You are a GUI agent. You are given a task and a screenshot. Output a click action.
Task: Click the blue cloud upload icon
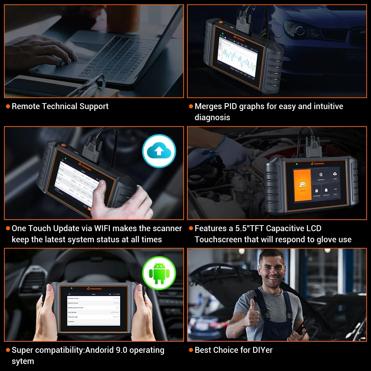coord(159,151)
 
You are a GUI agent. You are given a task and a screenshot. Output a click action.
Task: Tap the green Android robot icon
coord(159,273)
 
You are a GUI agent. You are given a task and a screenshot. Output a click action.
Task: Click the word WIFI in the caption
coord(105,229)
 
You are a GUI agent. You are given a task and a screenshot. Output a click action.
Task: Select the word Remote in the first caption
coord(26,106)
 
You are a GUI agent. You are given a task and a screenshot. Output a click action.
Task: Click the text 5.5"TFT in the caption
coord(248,229)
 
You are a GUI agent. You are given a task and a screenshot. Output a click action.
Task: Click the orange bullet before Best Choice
coord(191,350)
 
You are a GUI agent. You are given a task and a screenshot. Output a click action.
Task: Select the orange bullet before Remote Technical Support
coord(8,106)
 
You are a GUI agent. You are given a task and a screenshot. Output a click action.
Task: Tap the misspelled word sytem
coord(23,361)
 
